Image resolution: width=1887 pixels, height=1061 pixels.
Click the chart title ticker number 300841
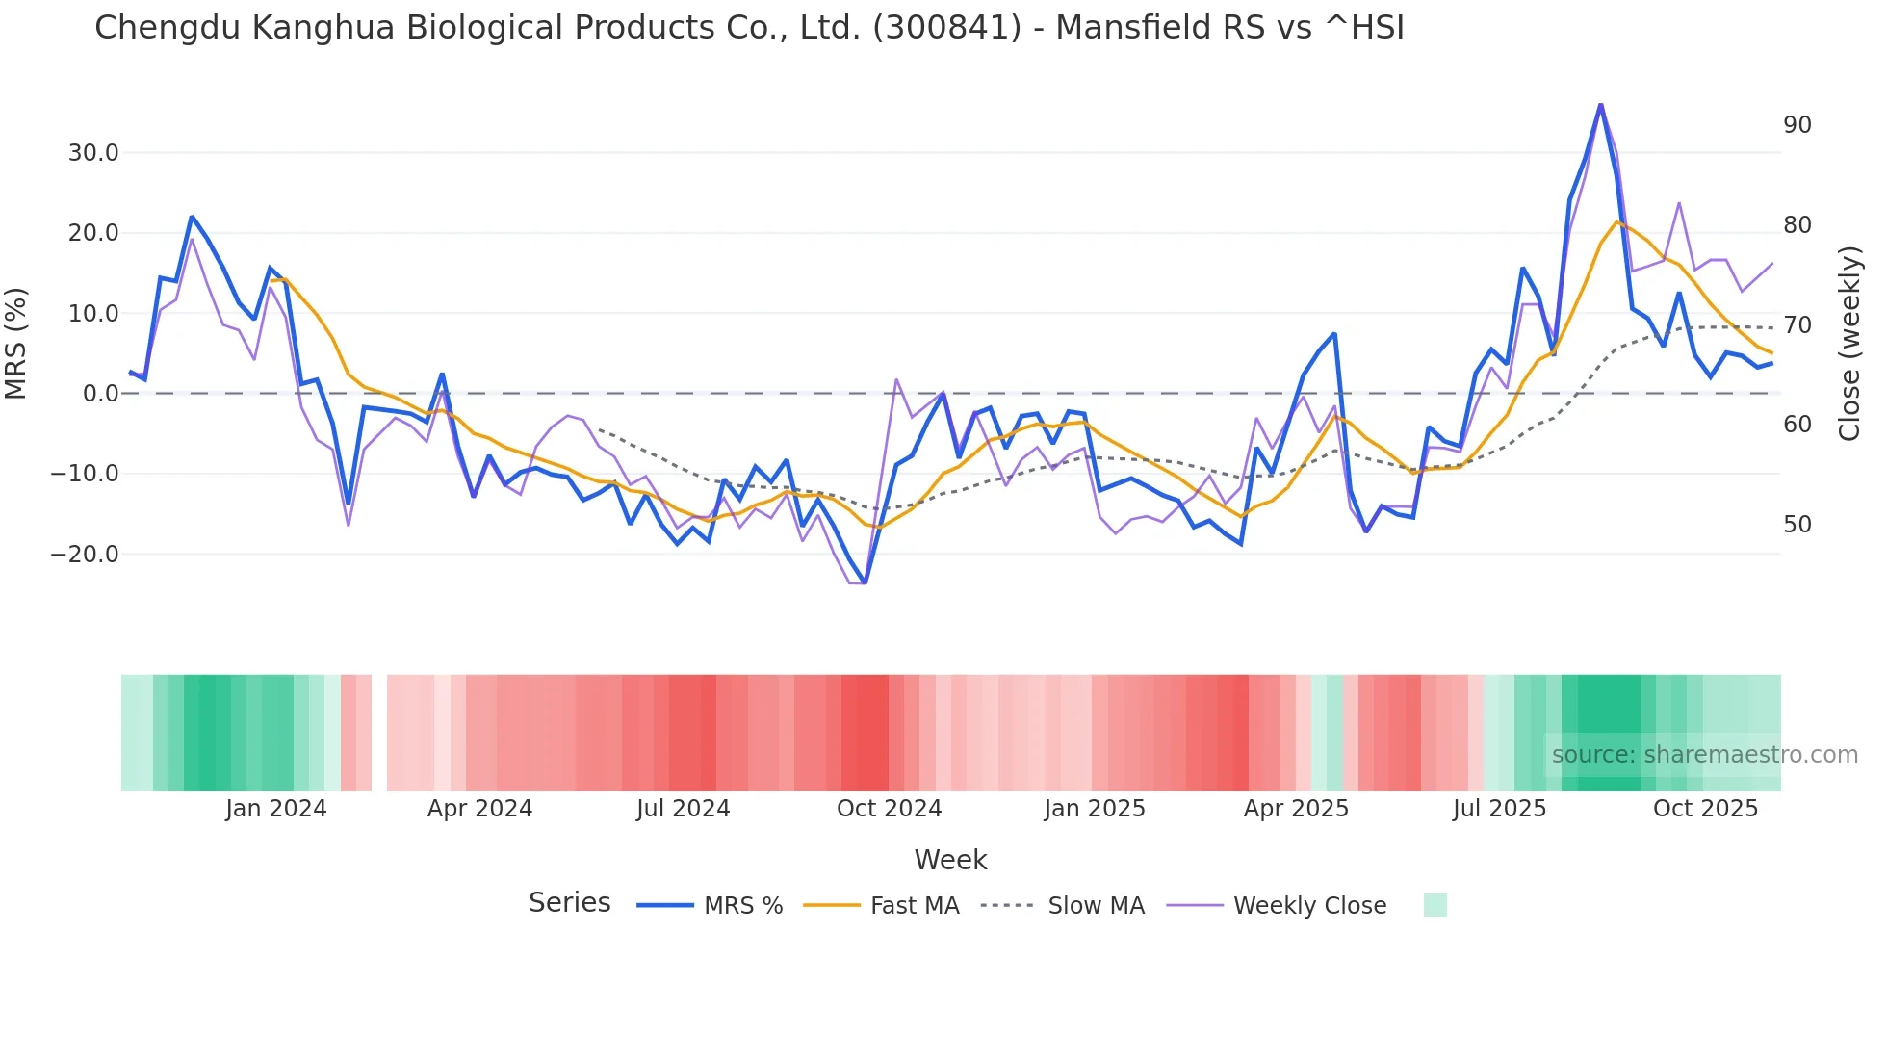coord(946,28)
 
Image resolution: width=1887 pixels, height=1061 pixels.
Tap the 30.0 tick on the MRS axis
coord(93,153)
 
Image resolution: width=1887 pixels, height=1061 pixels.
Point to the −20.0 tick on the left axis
coord(85,555)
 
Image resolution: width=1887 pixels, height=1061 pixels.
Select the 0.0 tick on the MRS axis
coord(101,394)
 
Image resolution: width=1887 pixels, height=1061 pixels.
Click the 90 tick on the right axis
coord(1797,125)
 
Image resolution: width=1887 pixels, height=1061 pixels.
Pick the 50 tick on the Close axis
coord(1797,525)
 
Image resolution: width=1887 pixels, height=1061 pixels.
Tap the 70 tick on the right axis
coord(1797,325)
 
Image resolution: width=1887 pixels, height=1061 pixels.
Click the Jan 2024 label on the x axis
coord(276,809)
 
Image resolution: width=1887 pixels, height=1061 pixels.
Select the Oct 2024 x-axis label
coord(889,809)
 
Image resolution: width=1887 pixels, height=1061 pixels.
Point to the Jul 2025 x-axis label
coord(1499,809)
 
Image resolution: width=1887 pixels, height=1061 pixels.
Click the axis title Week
coord(950,860)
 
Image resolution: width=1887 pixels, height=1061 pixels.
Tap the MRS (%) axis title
coord(16,344)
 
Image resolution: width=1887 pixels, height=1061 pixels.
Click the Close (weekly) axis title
coord(1849,344)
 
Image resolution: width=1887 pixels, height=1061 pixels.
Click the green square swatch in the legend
coord(1435,905)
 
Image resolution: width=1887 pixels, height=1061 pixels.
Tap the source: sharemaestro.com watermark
coord(1704,755)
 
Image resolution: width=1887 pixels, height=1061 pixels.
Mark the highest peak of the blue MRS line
coord(1600,104)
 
